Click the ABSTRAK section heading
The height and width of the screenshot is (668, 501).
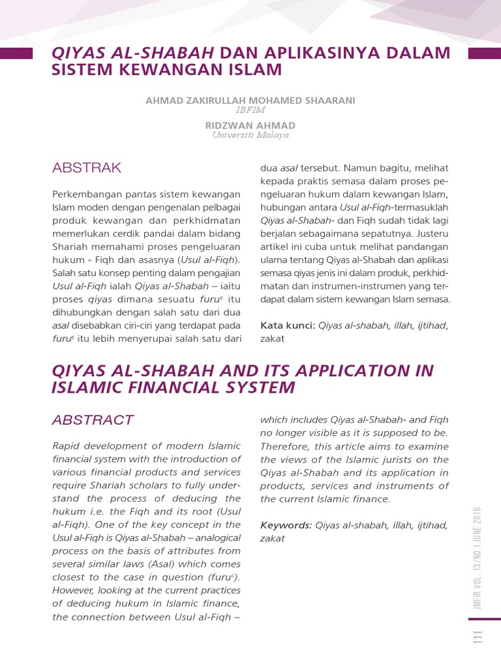click(x=86, y=168)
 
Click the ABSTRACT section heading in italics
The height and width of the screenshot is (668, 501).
click(x=93, y=420)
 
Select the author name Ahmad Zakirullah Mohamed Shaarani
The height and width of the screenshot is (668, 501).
click(x=250, y=100)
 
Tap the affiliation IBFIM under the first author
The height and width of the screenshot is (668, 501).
click(x=250, y=110)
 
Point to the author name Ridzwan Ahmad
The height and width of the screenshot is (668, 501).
click(x=250, y=125)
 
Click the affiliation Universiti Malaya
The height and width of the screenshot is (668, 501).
click(x=250, y=135)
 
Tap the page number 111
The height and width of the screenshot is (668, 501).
click(x=478, y=639)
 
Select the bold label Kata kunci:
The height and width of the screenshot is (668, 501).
click(x=288, y=326)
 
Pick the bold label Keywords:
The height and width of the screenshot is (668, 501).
click(x=286, y=525)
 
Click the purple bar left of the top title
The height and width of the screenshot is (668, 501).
click(x=16, y=53)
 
